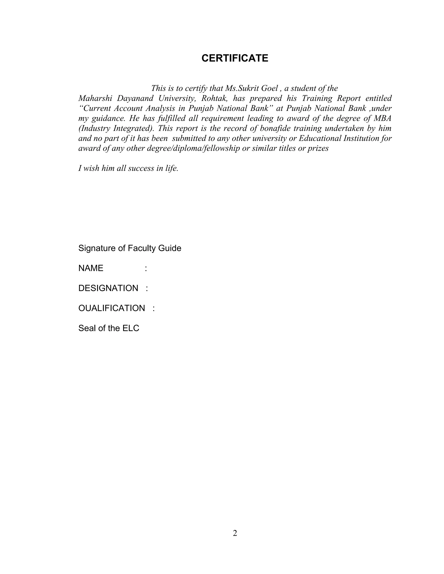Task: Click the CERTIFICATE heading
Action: [235, 58]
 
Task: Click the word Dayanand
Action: [135, 98]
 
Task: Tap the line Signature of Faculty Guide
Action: [130, 248]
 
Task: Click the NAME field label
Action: [91, 268]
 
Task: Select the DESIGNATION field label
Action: [108, 288]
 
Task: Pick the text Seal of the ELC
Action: [109, 328]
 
